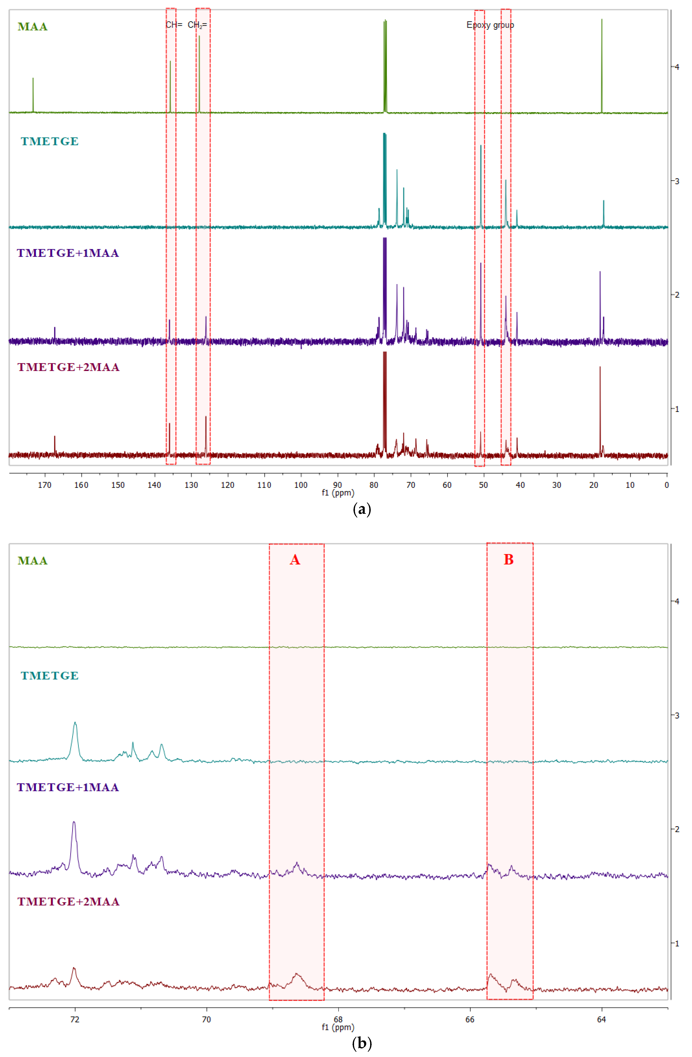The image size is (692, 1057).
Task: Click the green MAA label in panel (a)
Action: [32, 27]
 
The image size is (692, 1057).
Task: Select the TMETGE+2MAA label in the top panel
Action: [68, 367]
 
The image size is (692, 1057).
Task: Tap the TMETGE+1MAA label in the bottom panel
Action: [68, 787]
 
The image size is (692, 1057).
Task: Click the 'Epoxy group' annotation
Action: [490, 25]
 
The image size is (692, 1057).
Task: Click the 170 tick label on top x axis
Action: [44, 485]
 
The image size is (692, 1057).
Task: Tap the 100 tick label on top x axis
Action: [301, 485]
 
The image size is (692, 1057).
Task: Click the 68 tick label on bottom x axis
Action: [338, 1019]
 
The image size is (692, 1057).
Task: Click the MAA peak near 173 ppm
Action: [33, 89]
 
